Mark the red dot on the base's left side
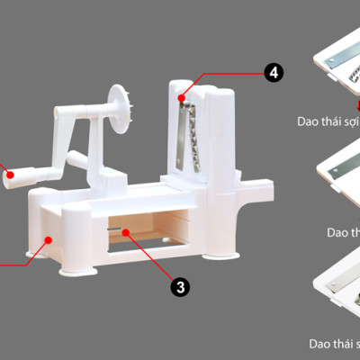48,239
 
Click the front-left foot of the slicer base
71,266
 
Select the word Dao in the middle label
339,232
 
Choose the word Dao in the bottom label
319,343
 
